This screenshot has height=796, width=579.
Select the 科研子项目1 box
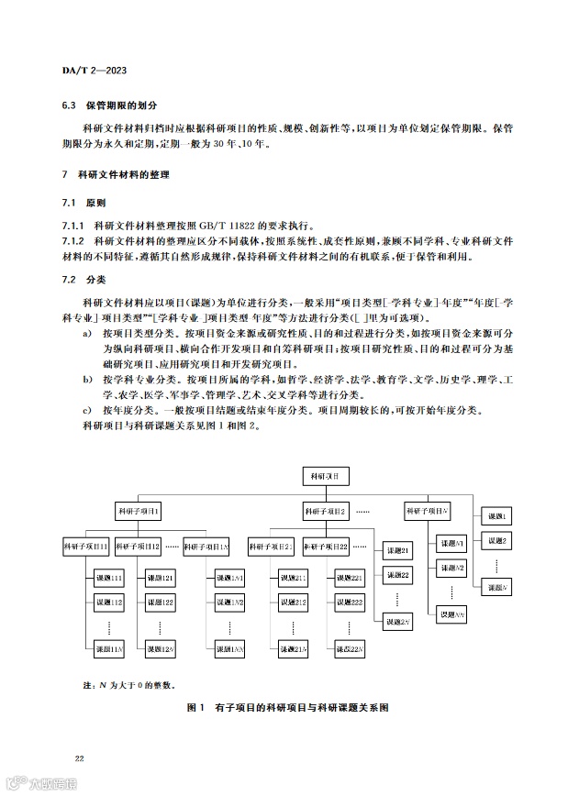139,510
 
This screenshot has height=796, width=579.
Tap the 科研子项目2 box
325,510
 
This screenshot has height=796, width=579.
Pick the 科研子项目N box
428,510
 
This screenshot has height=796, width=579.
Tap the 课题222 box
350,602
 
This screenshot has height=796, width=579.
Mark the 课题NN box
452,614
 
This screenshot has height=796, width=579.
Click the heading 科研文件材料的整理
126,174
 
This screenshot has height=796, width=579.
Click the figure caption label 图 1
195,708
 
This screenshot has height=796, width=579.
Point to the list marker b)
86,379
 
